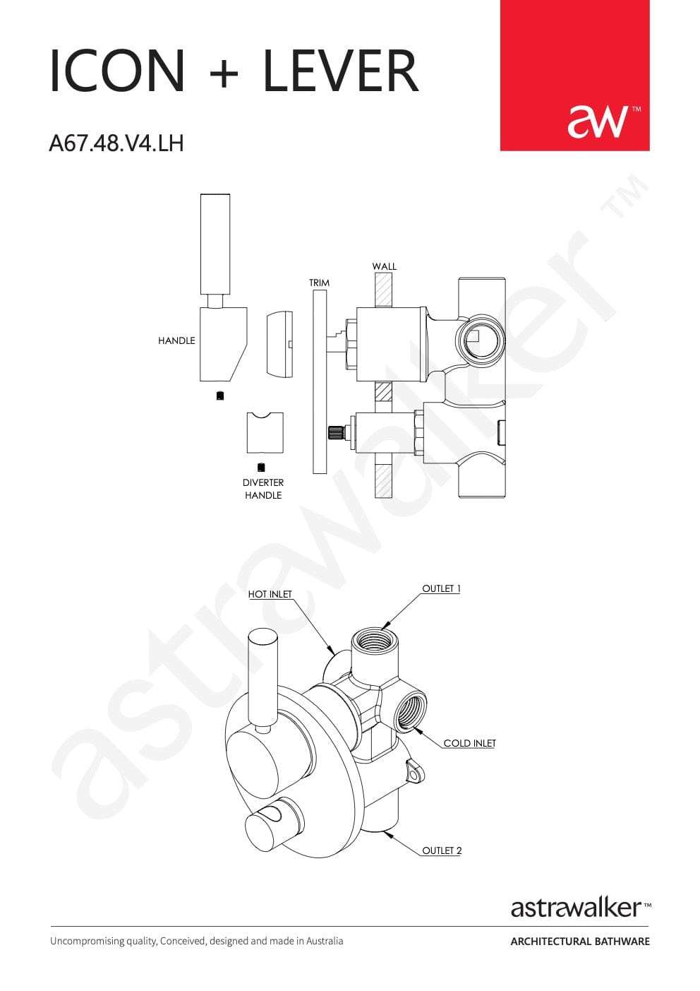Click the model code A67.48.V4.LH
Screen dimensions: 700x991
point(116,143)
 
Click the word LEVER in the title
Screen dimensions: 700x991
point(341,71)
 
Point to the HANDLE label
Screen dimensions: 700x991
point(176,340)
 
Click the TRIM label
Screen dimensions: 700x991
point(319,283)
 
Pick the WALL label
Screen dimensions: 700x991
point(384,266)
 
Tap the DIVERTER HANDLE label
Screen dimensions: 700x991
point(263,489)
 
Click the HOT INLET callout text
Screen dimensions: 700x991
point(270,594)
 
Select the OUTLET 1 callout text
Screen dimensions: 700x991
point(441,588)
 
